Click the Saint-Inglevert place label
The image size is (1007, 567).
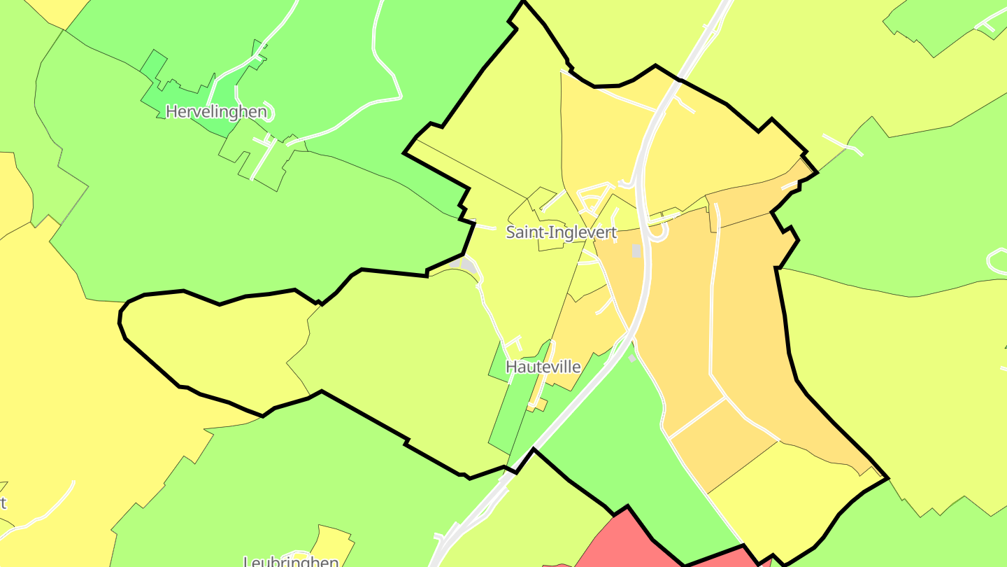coord(562,232)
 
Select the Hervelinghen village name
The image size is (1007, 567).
coord(216,111)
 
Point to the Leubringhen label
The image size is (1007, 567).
coord(291,561)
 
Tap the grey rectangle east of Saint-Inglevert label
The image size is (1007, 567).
coord(636,251)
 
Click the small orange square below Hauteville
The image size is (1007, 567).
coord(539,405)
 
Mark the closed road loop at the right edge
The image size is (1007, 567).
coord(997,260)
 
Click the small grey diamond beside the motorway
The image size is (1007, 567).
coord(631,358)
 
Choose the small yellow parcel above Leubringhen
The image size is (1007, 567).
coord(334,540)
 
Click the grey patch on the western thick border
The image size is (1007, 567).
coord(467,265)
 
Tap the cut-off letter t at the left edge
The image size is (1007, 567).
coord(3,503)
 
